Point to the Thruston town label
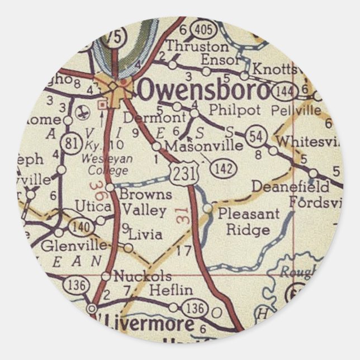coord(190,46)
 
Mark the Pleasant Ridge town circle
coord(208,208)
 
